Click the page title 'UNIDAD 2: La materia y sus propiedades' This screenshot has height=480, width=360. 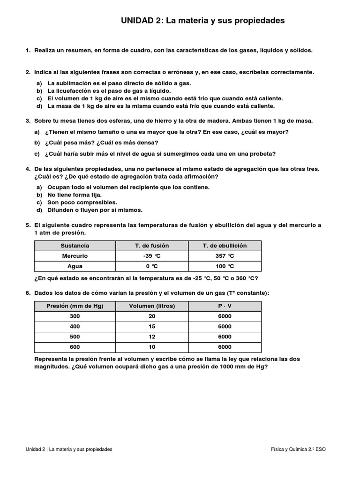pos(202,21)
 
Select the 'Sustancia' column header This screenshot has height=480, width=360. pos(75,246)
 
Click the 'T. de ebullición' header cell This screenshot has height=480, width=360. pos(225,246)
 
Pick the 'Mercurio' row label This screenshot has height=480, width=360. pos(75,256)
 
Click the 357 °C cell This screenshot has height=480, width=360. pos(225,256)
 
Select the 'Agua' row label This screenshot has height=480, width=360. pos(75,266)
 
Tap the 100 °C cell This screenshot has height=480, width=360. pos(225,266)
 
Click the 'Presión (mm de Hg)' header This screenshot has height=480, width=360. pos(75,306)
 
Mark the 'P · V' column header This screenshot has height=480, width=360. pos(225,306)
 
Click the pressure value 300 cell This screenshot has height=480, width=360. pos(75,316)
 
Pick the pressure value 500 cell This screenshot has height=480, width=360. pos(75,337)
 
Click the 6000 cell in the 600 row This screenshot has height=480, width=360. pos(225,347)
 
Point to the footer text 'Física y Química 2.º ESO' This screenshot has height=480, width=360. pos(298,449)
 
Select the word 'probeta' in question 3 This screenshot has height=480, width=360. pos(264,154)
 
